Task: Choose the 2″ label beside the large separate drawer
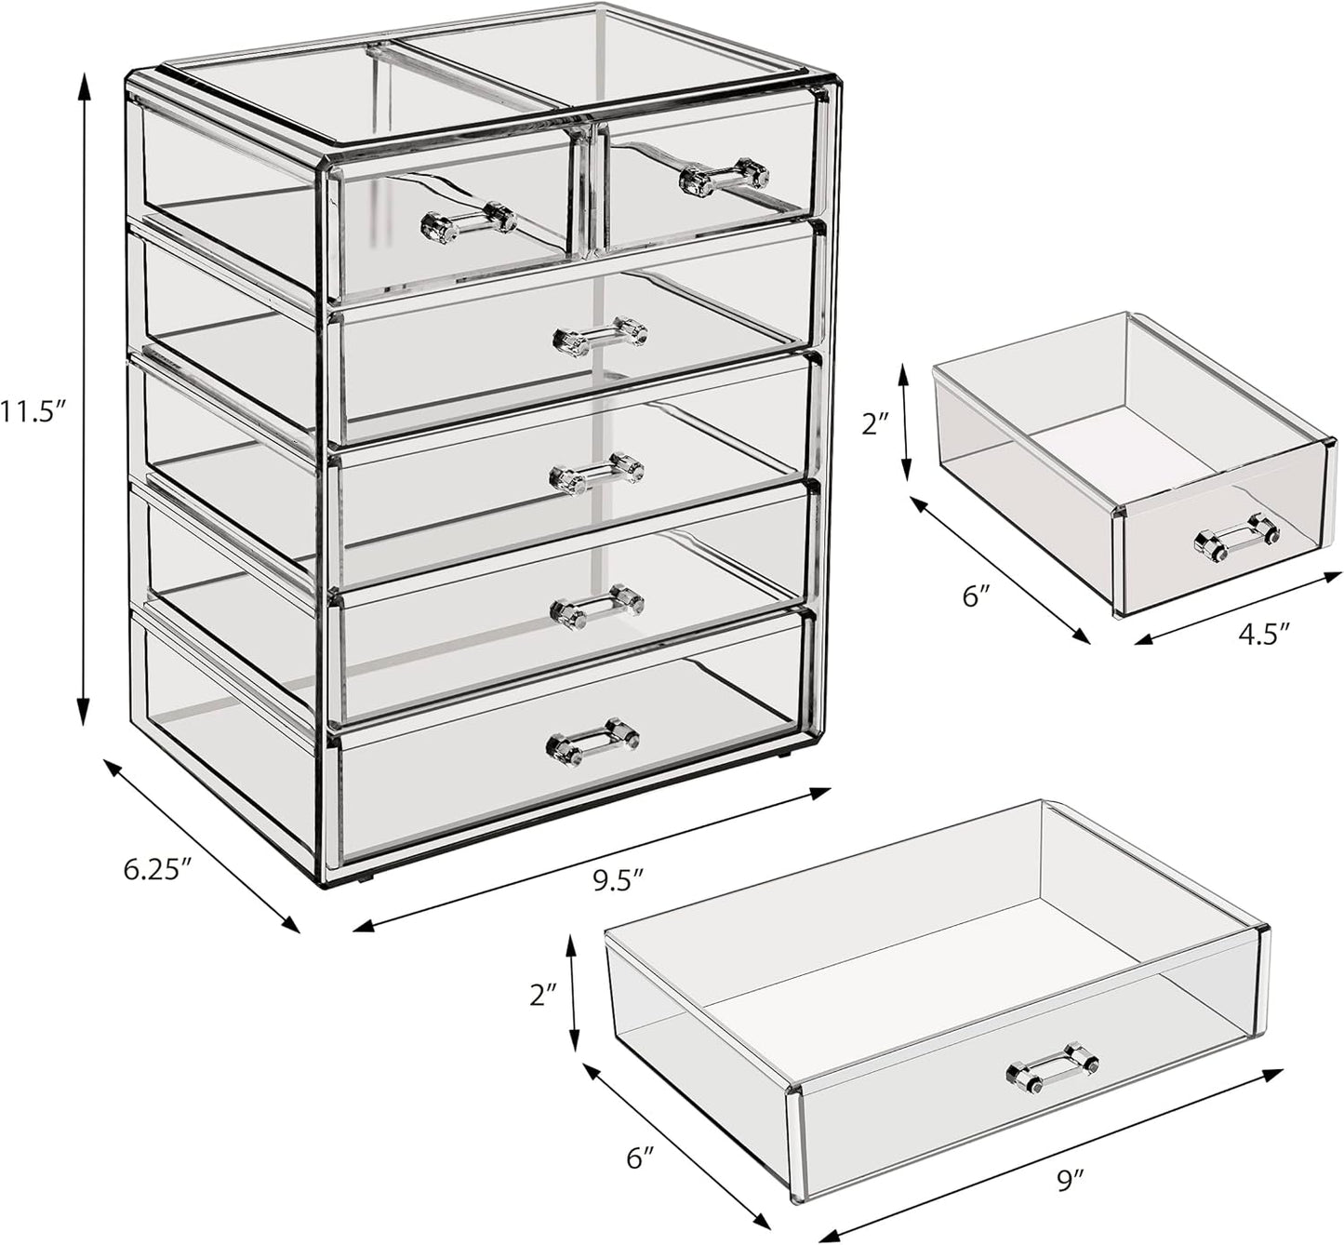(545, 995)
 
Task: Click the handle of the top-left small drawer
(468, 220)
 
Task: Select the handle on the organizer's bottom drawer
(592, 741)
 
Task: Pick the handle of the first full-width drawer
(600, 336)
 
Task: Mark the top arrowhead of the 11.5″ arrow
(85, 84)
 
